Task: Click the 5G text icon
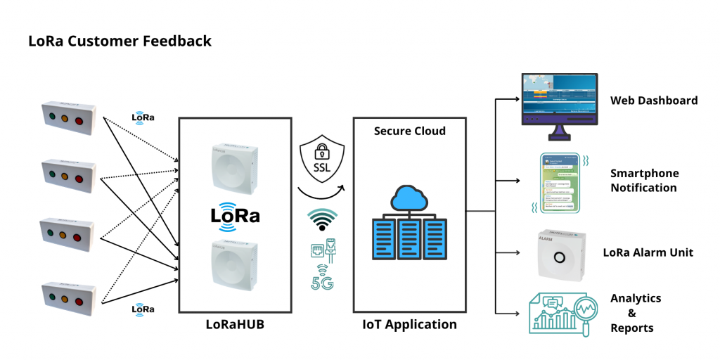(323, 283)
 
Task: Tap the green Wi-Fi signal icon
(323, 220)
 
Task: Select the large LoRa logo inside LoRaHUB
(236, 214)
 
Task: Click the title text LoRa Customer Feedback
(120, 41)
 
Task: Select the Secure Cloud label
(410, 131)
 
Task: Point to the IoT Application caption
(409, 324)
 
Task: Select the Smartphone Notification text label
(643, 180)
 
